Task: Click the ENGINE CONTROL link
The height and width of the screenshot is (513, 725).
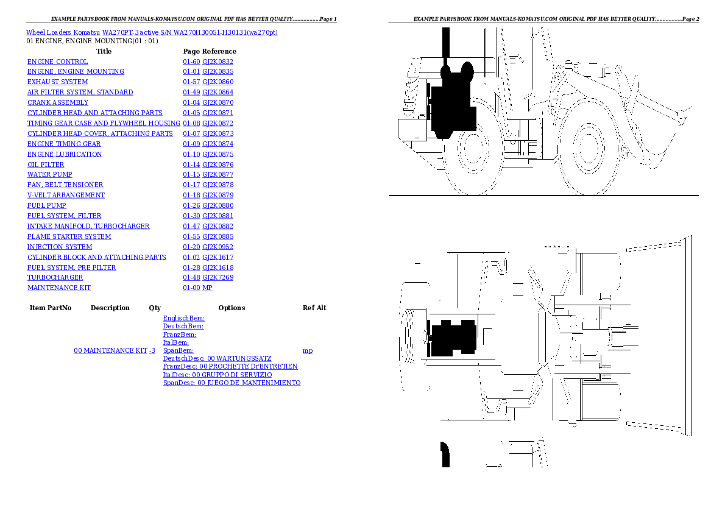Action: click(57, 62)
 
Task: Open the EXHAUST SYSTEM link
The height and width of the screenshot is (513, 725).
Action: click(57, 82)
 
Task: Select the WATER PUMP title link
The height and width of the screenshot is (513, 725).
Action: click(49, 174)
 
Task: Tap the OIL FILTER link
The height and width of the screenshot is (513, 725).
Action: click(46, 165)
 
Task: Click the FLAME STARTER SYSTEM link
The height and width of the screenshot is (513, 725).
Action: click(69, 236)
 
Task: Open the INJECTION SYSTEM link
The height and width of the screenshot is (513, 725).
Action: click(60, 247)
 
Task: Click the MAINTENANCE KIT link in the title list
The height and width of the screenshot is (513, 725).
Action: click(59, 288)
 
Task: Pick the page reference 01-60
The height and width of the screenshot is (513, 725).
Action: click(191, 62)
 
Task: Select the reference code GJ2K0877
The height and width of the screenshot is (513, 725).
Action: click(217, 174)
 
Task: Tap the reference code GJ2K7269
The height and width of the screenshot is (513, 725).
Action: click(217, 277)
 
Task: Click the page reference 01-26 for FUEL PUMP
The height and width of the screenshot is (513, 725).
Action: click(191, 205)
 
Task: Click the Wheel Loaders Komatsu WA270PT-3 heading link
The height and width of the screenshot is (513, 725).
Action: click(152, 32)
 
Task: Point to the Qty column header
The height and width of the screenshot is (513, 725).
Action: click(155, 308)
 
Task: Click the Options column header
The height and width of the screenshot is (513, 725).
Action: click(232, 308)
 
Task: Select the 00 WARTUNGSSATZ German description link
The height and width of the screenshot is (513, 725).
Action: click(239, 359)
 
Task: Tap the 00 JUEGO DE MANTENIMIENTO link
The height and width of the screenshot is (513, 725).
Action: click(253, 383)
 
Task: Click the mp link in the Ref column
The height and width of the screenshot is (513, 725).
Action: click(308, 351)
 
